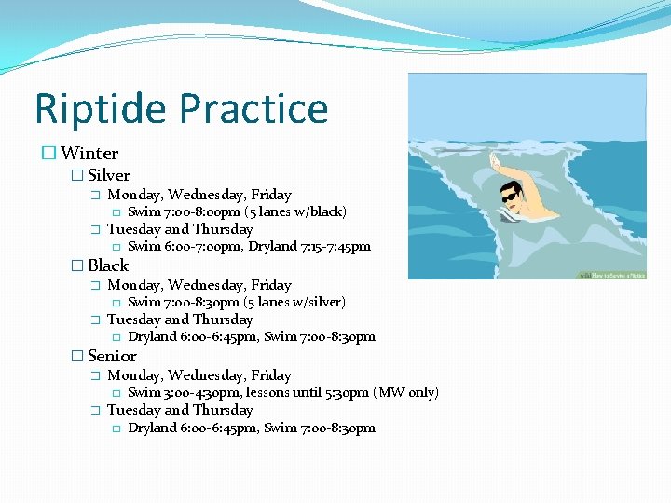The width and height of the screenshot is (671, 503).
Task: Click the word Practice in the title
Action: coord(253,109)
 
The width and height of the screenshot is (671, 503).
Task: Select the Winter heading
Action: coord(89,154)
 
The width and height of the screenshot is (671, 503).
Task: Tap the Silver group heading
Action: coord(109,175)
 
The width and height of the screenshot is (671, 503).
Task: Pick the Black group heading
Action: coord(108,265)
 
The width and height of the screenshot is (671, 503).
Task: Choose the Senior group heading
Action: coord(112,356)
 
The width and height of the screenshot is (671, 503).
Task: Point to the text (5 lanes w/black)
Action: coord(295,211)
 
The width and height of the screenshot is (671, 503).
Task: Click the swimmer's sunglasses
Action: coord(510,197)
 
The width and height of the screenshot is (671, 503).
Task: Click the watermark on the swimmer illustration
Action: coord(611,276)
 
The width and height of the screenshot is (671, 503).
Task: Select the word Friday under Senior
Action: coord(271,375)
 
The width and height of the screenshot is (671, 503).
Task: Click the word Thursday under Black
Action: coord(223,319)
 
